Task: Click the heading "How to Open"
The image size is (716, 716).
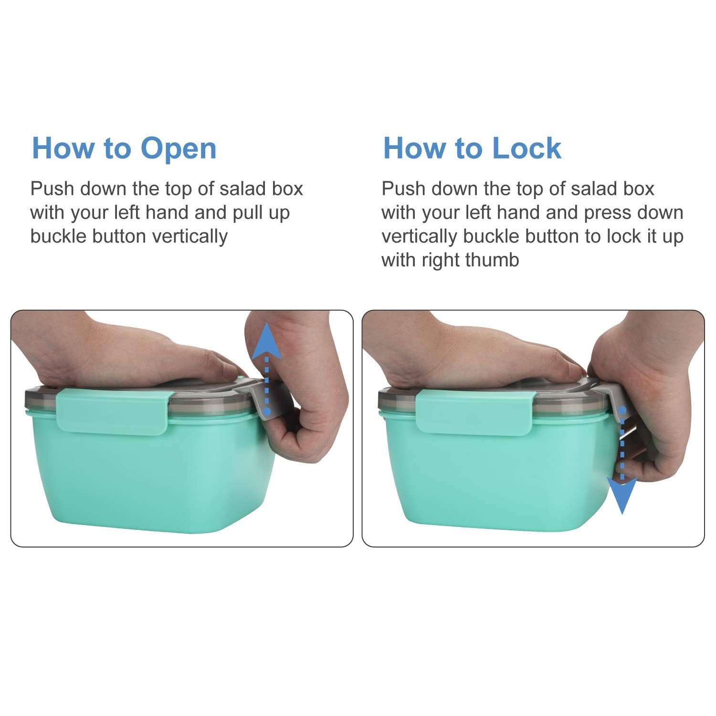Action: coord(124,148)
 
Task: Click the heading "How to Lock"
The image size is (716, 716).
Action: coord(472,148)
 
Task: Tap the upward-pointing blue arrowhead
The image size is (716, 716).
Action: coord(266,340)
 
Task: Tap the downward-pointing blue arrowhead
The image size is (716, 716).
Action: coord(622,495)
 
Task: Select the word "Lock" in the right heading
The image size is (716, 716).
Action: coord(526,148)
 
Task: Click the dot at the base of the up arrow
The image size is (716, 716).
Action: coord(266,411)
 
